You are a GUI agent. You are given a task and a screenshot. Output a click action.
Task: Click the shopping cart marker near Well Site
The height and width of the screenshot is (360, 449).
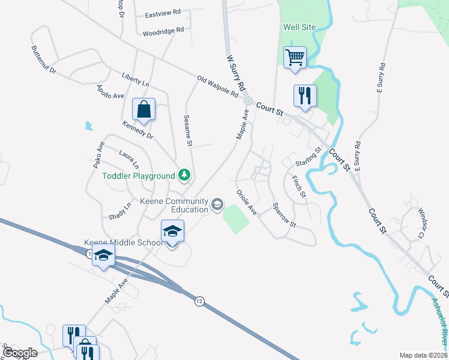[x=295, y=58]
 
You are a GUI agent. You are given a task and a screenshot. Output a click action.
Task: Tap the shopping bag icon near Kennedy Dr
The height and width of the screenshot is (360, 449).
[x=143, y=110]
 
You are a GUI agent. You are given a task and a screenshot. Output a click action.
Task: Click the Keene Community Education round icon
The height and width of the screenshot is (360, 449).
[x=216, y=205]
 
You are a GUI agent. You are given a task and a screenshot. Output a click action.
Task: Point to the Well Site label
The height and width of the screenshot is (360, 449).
[x=299, y=27]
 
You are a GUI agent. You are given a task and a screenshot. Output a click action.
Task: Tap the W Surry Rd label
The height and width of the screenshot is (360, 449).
[x=236, y=73]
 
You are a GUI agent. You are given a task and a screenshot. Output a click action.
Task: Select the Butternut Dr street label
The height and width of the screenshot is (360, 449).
[x=43, y=60]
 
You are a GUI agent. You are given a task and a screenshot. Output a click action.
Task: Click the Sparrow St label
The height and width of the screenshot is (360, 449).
[x=285, y=214]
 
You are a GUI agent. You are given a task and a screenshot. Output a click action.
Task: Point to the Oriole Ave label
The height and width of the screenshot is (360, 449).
[x=246, y=203]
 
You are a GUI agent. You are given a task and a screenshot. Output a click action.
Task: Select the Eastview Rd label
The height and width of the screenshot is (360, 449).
[x=163, y=13]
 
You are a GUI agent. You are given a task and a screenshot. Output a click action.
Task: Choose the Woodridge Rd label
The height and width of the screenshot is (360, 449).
[x=163, y=31]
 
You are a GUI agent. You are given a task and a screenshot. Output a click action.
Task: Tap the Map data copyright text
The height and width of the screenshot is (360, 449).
[x=423, y=355]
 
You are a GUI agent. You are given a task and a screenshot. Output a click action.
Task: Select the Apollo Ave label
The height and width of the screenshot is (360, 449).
[x=109, y=91]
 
